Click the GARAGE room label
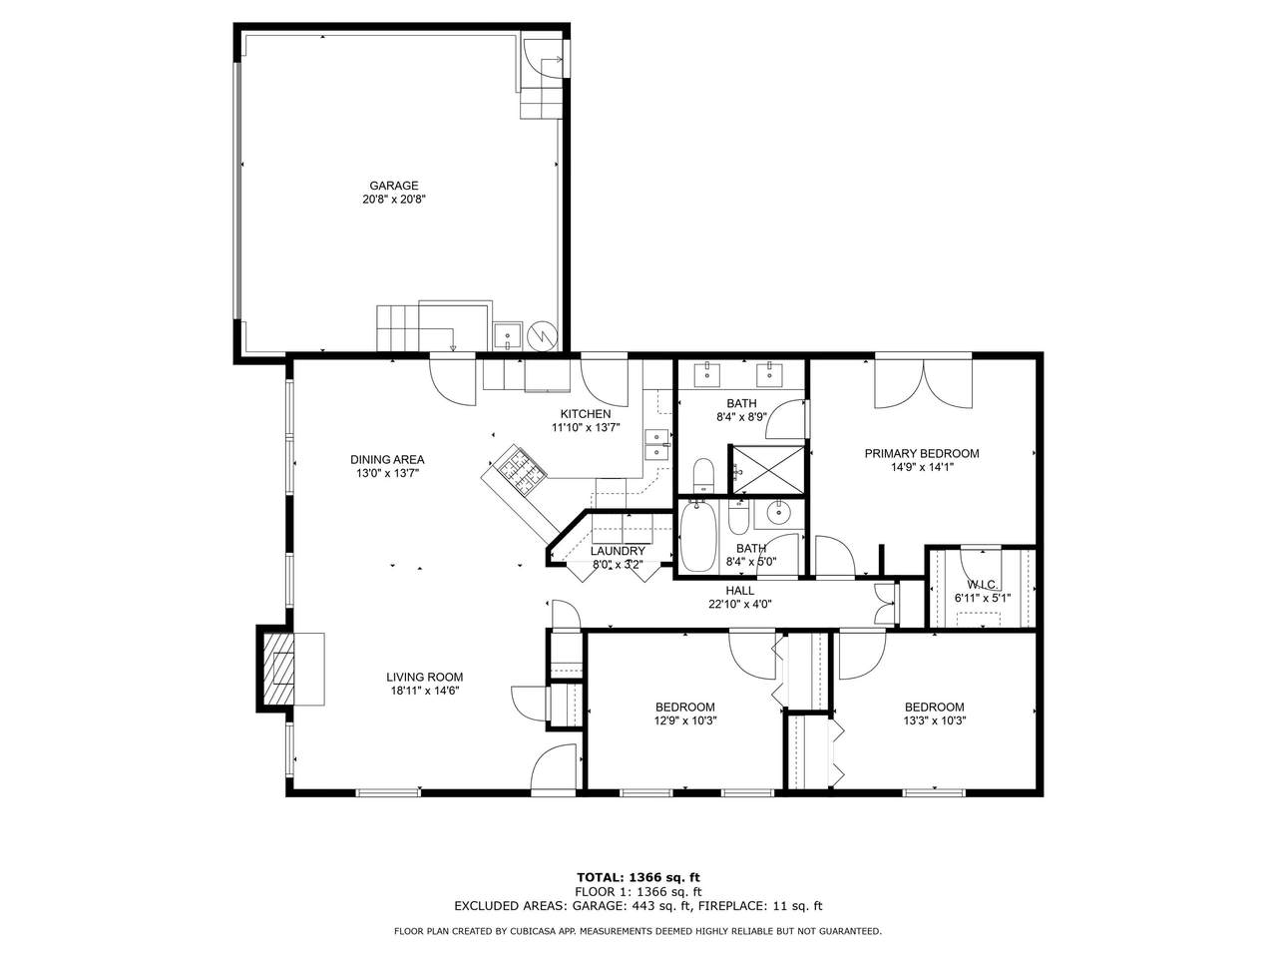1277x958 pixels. [393, 186]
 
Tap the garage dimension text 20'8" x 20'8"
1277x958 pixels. [394, 200]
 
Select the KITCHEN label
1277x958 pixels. [586, 414]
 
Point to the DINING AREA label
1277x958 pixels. [387, 459]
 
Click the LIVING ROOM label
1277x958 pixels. [425, 677]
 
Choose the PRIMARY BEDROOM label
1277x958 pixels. [922, 454]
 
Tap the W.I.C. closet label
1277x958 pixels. [983, 584]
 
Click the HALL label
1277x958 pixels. [740, 591]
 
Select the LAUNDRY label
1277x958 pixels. [618, 551]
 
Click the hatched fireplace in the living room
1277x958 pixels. [278, 669]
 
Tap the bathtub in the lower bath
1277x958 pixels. [698, 536]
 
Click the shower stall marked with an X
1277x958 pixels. [767, 470]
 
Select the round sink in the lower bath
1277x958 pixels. [778, 513]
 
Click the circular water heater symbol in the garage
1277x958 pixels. [542, 335]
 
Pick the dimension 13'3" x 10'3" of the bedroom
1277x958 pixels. [935, 721]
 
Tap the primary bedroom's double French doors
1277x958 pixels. [923, 383]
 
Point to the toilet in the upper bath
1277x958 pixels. [704, 475]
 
